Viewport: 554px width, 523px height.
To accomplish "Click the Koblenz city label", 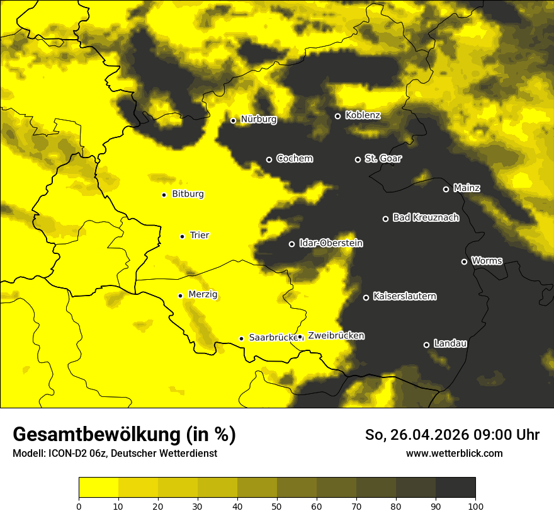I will coord(363,115).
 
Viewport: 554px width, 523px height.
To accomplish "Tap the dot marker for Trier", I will coord(182,236).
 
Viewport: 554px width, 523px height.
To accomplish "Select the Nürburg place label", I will coord(258,119).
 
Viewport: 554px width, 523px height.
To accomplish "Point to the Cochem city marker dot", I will coord(269,159).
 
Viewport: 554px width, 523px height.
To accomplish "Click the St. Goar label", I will coord(383,159).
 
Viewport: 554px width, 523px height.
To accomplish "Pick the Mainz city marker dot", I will coord(446,189).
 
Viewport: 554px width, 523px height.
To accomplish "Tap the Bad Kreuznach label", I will coord(426,217).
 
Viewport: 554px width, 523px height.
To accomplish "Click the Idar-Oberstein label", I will coord(331,243).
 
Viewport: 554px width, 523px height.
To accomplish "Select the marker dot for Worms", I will coord(464,261).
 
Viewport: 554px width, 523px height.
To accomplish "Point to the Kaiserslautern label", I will coord(404,296).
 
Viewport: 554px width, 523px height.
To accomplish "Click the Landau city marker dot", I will coord(426,345).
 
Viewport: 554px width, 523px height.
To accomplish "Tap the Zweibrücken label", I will coord(336,336).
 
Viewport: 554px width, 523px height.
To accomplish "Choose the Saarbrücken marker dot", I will coord(241,338).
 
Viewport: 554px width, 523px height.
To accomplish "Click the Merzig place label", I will coord(203,294).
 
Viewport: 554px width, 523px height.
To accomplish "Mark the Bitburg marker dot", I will coord(164,195).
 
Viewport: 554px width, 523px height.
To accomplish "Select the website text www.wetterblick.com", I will coord(454,453).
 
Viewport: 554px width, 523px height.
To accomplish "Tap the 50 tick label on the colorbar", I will coord(277,506).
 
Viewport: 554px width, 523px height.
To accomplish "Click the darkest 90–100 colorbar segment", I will coord(455,487).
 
